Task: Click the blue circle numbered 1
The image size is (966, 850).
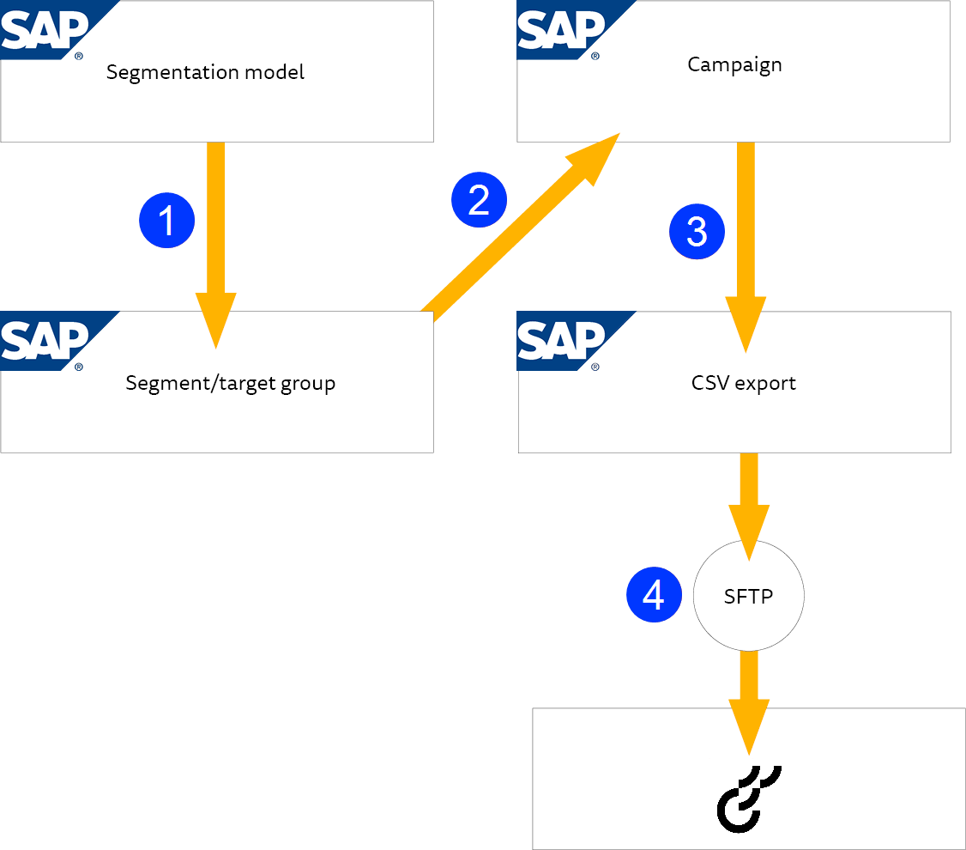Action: tap(167, 221)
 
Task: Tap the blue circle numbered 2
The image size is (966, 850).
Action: tap(480, 200)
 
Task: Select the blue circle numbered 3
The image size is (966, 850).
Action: tap(697, 231)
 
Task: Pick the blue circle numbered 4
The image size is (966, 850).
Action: tap(655, 595)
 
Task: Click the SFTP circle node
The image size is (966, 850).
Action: tap(749, 596)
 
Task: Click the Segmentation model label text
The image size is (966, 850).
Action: tap(205, 73)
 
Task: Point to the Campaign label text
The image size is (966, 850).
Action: tap(734, 65)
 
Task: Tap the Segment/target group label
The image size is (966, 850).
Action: tap(231, 384)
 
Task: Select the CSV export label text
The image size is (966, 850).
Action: tap(744, 384)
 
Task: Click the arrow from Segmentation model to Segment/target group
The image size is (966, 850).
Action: tap(215, 246)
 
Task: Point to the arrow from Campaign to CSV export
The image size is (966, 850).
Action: tap(746, 247)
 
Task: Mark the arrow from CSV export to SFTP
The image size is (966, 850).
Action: tap(749, 507)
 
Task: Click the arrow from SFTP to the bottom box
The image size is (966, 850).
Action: tap(749, 702)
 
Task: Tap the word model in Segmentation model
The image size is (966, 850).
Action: tap(275, 72)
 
